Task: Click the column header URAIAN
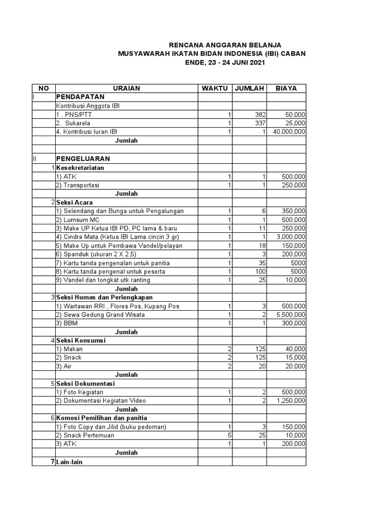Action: [x=126, y=88]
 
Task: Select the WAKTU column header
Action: [x=215, y=88]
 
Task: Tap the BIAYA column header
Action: [x=286, y=88]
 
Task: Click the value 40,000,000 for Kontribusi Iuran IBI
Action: [x=287, y=132]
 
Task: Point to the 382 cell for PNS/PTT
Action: [x=260, y=114]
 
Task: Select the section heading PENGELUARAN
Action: [x=83, y=159]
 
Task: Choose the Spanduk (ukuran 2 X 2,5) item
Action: [x=94, y=254]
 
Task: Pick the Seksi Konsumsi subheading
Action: [x=81, y=340]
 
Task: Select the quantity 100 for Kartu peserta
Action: [x=260, y=271]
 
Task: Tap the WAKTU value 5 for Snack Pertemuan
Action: [x=229, y=435]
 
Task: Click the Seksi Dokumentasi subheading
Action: [x=85, y=384]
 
